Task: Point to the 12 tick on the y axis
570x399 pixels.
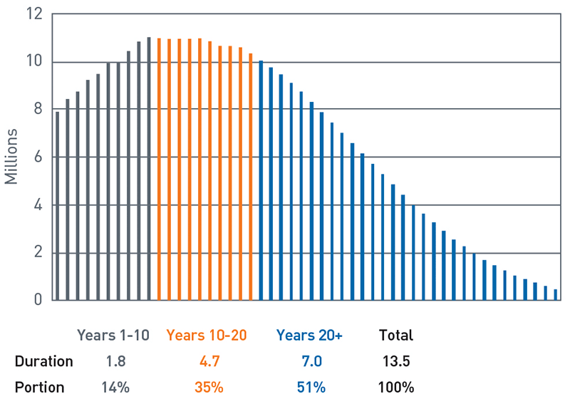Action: pyautogui.click(x=35, y=14)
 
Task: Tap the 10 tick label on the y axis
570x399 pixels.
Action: pyautogui.click(x=35, y=62)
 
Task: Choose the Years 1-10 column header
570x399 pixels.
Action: pyautogui.click(x=113, y=335)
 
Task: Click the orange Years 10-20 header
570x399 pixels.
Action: pyautogui.click(x=207, y=335)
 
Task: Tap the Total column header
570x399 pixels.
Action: pyautogui.click(x=396, y=335)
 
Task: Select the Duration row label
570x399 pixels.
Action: pyautogui.click(x=43, y=361)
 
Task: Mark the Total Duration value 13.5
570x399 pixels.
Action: pyautogui.click(x=396, y=361)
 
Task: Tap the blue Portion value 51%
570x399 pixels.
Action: pyautogui.click(x=310, y=388)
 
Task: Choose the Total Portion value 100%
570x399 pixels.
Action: pyautogui.click(x=396, y=388)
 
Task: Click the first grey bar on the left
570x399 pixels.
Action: pyautogui.click(x=58, y=207)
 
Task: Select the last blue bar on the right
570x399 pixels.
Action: pyautogui.click(x=555, y=295)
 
